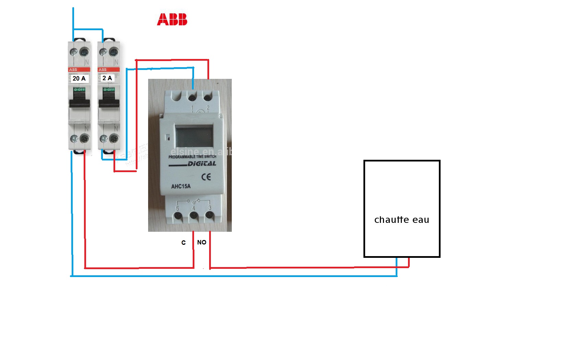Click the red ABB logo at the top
(x=172, y=20)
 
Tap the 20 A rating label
(x=79, y=79)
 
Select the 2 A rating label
(x=107, y=78)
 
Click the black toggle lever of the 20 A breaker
(x=80, y=103)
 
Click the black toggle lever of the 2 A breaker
(x=109, y=103)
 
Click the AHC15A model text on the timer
(x=181, y=187)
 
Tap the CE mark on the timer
(x=206, y=177)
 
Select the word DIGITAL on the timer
(x=202, y=164)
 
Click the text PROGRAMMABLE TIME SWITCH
(x=192, y=157)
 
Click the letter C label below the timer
(x=183, y=243)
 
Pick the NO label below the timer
(x=202, y=242)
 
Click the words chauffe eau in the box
(x=401, y=220)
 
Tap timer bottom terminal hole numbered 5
(x=178, y=216)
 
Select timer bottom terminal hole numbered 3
(x=209, y=215)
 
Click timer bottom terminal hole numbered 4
(x=194, y=216)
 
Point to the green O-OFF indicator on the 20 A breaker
(x=80, y=90)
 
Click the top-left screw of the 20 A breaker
(x=74, y=52)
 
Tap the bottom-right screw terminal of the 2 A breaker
(x=114, y=139)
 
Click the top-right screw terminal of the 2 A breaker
(x=113, y=52)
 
